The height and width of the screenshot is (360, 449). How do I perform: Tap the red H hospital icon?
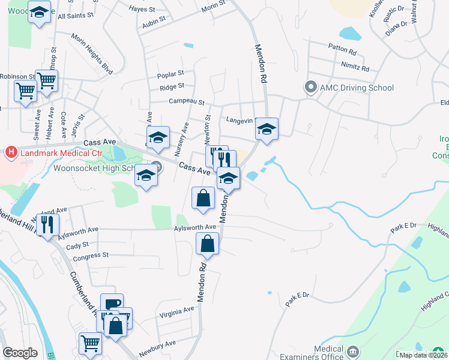point(10,152)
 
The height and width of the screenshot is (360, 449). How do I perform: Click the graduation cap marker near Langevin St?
point(267,129)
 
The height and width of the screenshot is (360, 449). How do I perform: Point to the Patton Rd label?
point(343,46)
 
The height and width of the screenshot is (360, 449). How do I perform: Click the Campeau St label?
point(187,102)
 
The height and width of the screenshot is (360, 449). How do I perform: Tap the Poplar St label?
point(170,75)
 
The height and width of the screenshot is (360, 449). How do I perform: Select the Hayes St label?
point(143,9)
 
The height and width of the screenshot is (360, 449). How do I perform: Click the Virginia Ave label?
point(176,310)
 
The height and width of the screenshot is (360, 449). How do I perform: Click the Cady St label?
point(77,245)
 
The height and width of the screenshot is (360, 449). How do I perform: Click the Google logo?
point(20,353)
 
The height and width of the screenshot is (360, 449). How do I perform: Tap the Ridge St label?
point(172,88)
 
